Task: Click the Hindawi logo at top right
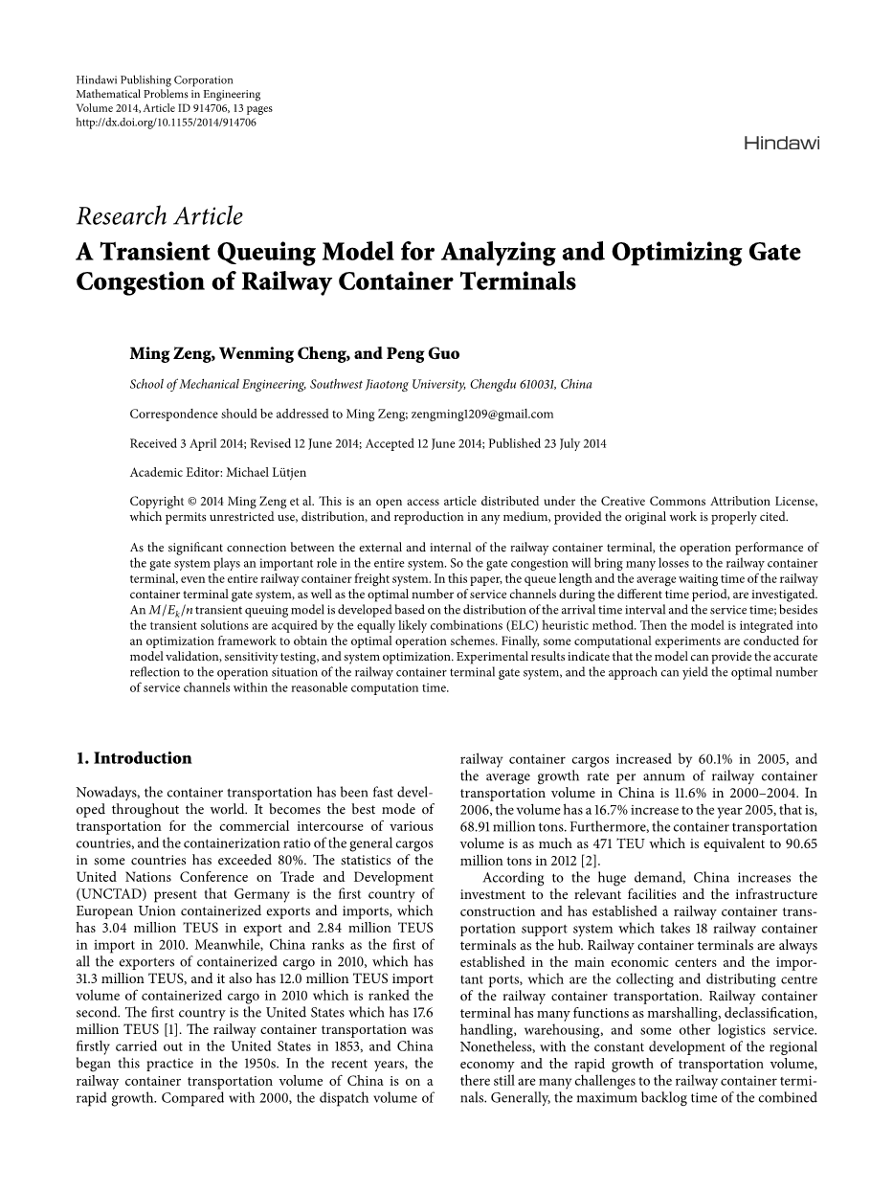[781, 144]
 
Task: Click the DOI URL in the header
[166, 123]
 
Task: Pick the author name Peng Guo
[422, 353]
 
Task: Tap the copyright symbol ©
[189, 501]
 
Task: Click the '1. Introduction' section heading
[133, 758]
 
